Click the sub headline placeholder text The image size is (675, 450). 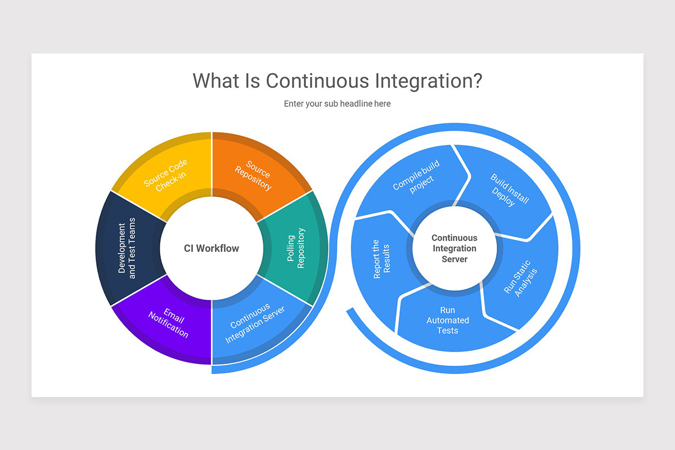pos(337,103)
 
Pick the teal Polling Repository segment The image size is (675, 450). pos(296,249)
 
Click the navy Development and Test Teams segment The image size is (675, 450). pos(127,249)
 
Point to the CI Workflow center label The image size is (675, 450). pos(211,249)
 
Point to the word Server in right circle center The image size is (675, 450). pos(454,259)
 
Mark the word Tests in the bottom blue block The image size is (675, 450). pos(448,331)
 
